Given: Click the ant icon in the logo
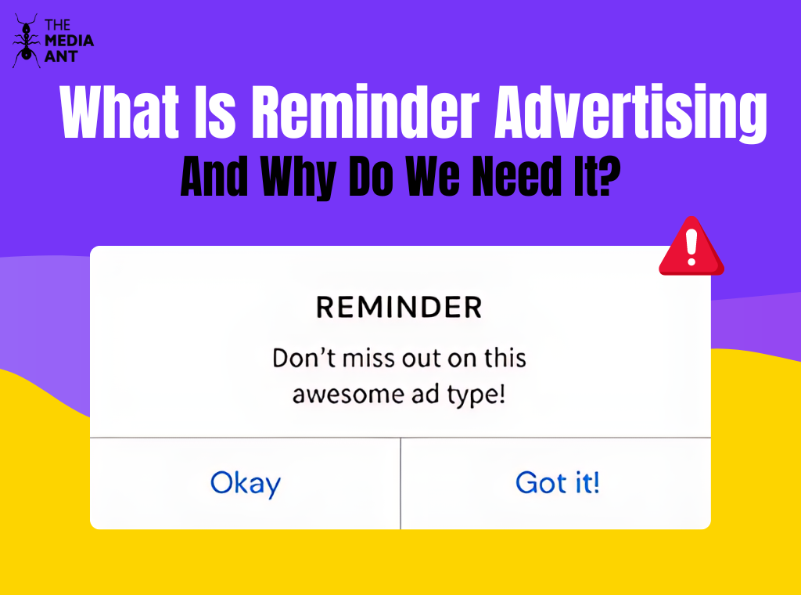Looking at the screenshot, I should coord(26,40).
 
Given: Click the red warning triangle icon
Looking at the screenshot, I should coord(691,247).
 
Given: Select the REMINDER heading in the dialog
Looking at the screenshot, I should coord(399,308).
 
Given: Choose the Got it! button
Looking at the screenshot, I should coord(557,483).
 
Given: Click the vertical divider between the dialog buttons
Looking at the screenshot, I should coord(400,483).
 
